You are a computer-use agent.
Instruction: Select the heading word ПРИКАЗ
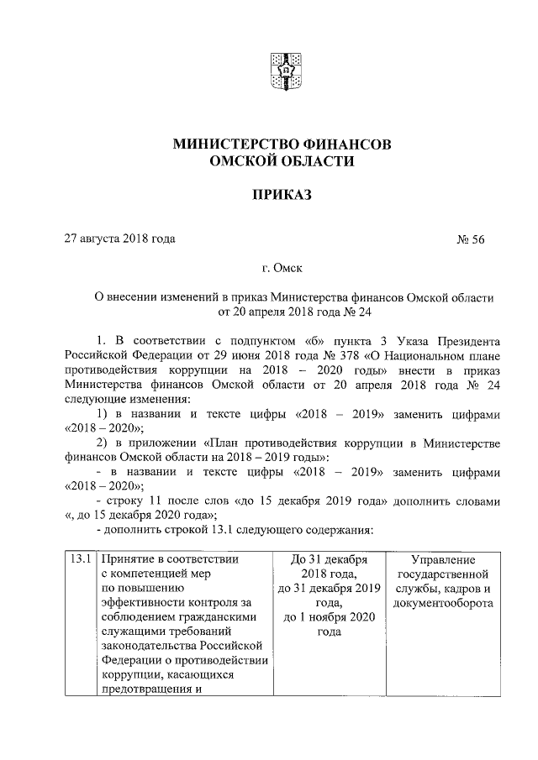click(281, 196)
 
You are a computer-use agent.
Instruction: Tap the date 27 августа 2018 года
click(120, 239)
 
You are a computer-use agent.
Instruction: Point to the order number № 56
click(471, 239)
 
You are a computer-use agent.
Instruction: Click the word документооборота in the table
click(444, 603)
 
